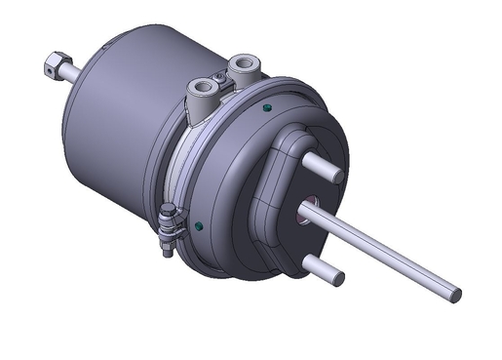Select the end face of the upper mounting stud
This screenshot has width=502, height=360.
(x=336, y=176)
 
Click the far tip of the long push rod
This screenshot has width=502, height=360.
(x=455, y=293)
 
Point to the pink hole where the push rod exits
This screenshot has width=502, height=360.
(x=309, y=204)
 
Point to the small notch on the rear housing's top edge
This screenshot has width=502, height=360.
(x=115, y=37)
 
